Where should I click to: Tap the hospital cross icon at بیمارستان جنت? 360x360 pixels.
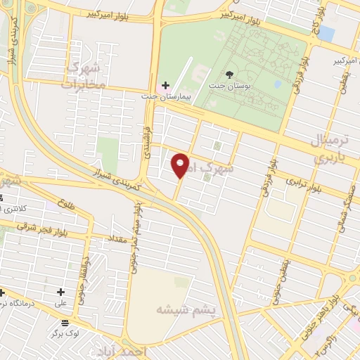tap(165, 85)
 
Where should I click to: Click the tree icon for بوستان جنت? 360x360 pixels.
tap(229, 75)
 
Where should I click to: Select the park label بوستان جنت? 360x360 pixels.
tap(230, 86)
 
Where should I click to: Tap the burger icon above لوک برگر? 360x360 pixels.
tap(65, 323)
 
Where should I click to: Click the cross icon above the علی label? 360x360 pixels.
tap(61, 292)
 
